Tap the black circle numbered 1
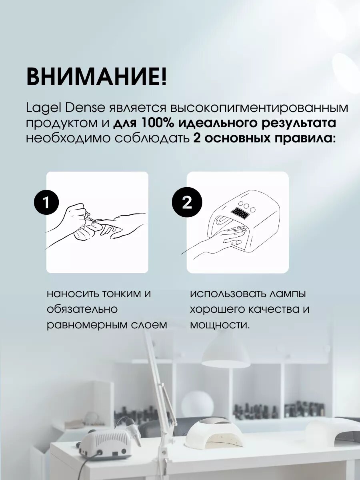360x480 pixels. tap(46, 203)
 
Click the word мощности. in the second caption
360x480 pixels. tap(220, 326)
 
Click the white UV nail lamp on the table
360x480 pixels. tap(215, 422)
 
